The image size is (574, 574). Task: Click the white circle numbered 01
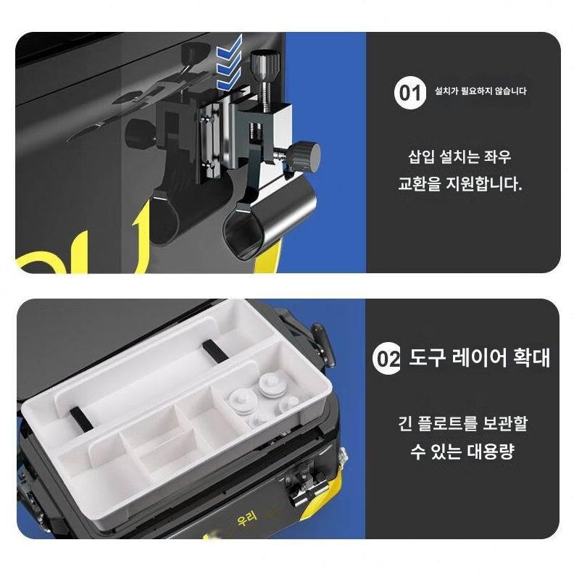410,93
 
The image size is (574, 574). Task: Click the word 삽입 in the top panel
422,157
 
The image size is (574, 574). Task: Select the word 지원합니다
483,184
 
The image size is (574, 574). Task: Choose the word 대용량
491,452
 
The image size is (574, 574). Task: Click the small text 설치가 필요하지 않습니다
481,91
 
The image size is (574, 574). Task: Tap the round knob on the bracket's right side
304,155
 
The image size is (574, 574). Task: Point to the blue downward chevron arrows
229,63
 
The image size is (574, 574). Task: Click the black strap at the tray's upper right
215,351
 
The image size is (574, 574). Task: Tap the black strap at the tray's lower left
81,419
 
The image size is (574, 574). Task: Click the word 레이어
478,357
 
